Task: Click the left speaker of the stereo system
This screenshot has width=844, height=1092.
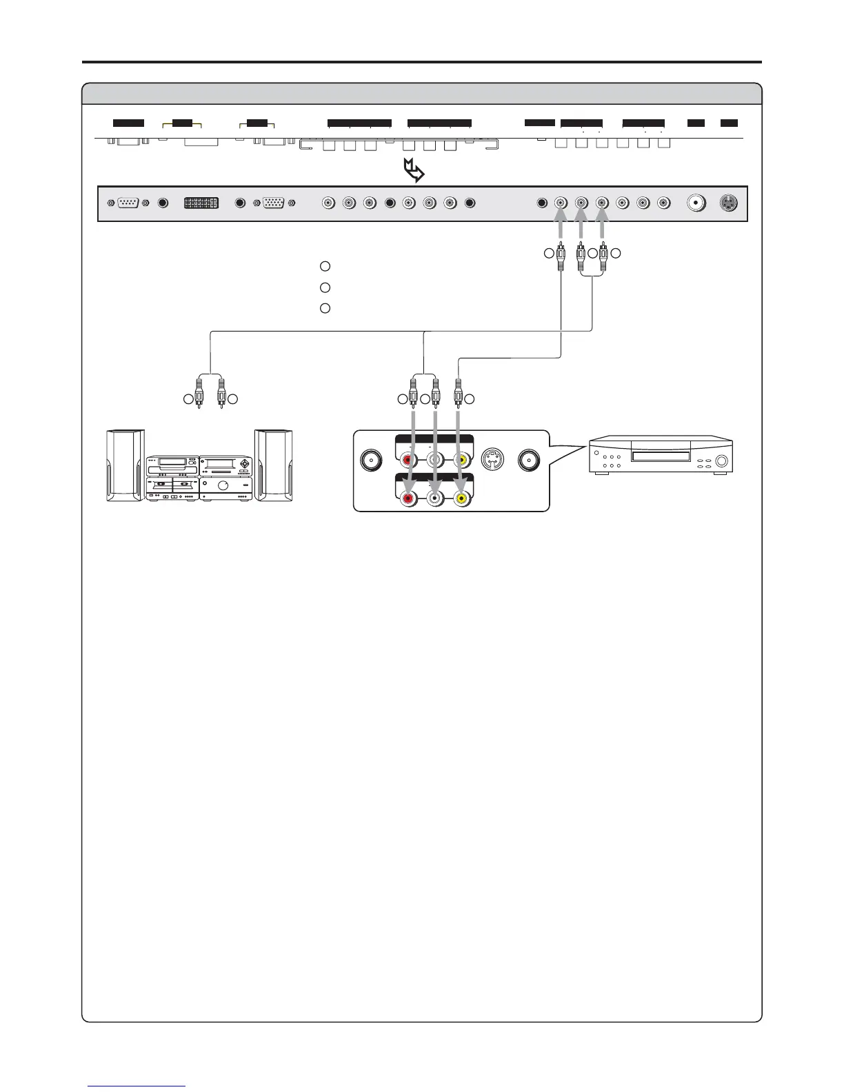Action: click(125, 466)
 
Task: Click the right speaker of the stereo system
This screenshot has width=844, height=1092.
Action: click(274, 466)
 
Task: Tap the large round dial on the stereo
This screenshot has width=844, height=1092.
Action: click(223, 485)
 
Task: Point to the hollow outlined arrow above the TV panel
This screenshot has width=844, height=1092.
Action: click(414, 171)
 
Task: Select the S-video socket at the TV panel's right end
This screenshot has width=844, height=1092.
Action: click(729, 203)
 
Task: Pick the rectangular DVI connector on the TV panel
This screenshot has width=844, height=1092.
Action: click(201, 203)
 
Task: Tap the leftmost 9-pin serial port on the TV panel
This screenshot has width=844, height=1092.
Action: click(128, 203)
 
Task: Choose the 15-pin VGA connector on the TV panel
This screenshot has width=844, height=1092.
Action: click(274, 203)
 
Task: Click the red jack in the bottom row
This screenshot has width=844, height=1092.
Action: click(410, 497)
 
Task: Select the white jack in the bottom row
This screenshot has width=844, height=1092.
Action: click(435, 497)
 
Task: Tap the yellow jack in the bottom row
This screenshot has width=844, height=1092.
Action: click(461, 497)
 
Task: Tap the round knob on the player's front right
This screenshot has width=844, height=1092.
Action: click(722, 462)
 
